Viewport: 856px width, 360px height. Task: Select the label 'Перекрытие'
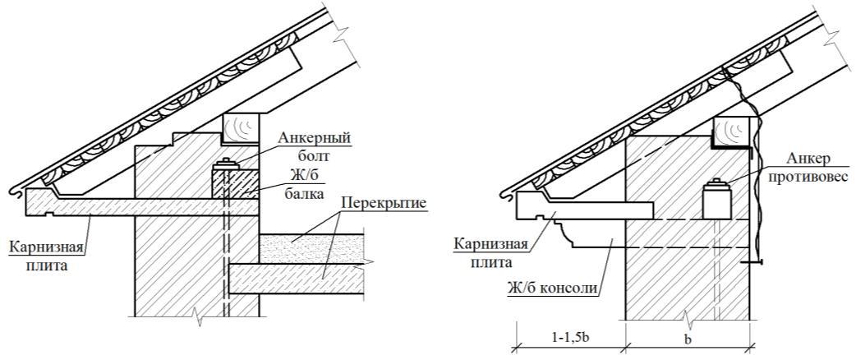point(384,202)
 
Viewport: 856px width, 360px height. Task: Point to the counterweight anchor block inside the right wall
point(717,200)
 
